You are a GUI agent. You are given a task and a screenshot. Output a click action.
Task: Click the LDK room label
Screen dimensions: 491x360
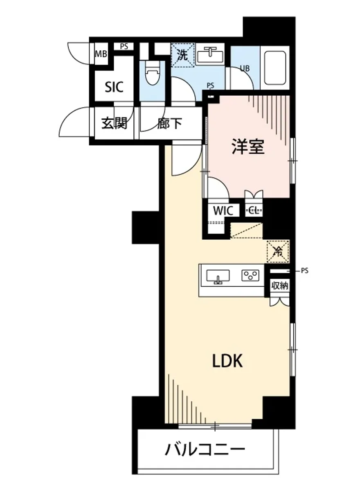227,361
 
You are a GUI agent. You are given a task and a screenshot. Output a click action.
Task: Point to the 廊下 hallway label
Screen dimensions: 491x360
169,123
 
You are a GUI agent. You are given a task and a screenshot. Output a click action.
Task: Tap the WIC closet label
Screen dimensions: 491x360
223,211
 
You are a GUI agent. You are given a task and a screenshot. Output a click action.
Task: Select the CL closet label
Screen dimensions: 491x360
254,211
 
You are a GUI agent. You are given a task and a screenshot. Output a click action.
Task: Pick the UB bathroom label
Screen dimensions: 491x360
244,68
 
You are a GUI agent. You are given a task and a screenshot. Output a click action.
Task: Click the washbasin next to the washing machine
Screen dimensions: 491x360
210,54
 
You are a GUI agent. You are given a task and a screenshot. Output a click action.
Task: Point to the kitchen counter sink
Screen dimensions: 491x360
218,276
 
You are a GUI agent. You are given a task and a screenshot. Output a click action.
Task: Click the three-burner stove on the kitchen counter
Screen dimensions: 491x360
251,275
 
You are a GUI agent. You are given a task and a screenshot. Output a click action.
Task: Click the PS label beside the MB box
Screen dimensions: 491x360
124,47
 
